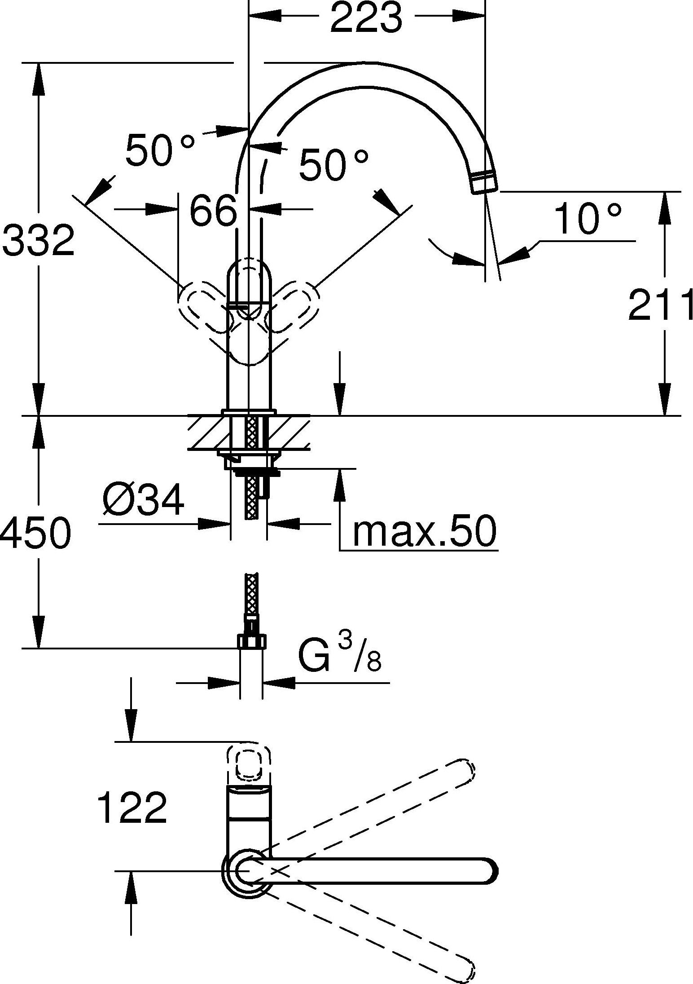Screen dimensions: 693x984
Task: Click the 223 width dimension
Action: [366, 18]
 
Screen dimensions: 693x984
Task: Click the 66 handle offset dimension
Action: [213, 210]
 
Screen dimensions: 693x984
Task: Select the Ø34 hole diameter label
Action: [143, 500]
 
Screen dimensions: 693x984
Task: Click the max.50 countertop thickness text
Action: [425, 531]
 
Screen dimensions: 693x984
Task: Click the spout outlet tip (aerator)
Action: [484, 182]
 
